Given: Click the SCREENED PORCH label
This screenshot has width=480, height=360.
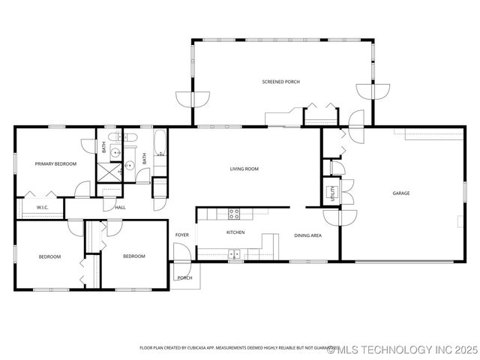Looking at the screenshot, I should [280, 81].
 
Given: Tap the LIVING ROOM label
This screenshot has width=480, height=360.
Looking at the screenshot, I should [244, 169].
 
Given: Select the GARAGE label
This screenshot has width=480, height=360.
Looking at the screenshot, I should [401, 193].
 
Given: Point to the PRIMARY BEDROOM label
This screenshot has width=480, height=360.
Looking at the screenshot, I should [55, 163].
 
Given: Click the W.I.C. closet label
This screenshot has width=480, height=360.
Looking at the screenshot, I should [42, 207].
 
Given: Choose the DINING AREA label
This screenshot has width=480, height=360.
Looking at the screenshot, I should [307, 235].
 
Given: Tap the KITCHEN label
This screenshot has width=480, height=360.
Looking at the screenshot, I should [235, 232].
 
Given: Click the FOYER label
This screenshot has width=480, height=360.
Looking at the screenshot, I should [182, 235].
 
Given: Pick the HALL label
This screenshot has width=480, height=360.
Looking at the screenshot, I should [120, 208].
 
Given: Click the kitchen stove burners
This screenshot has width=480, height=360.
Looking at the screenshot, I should [234, 213].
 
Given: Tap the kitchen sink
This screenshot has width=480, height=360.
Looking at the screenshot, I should [235, 254].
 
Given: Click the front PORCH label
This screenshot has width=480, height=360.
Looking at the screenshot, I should [184, 277].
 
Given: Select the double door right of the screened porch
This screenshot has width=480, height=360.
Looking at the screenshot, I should [373, 91].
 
